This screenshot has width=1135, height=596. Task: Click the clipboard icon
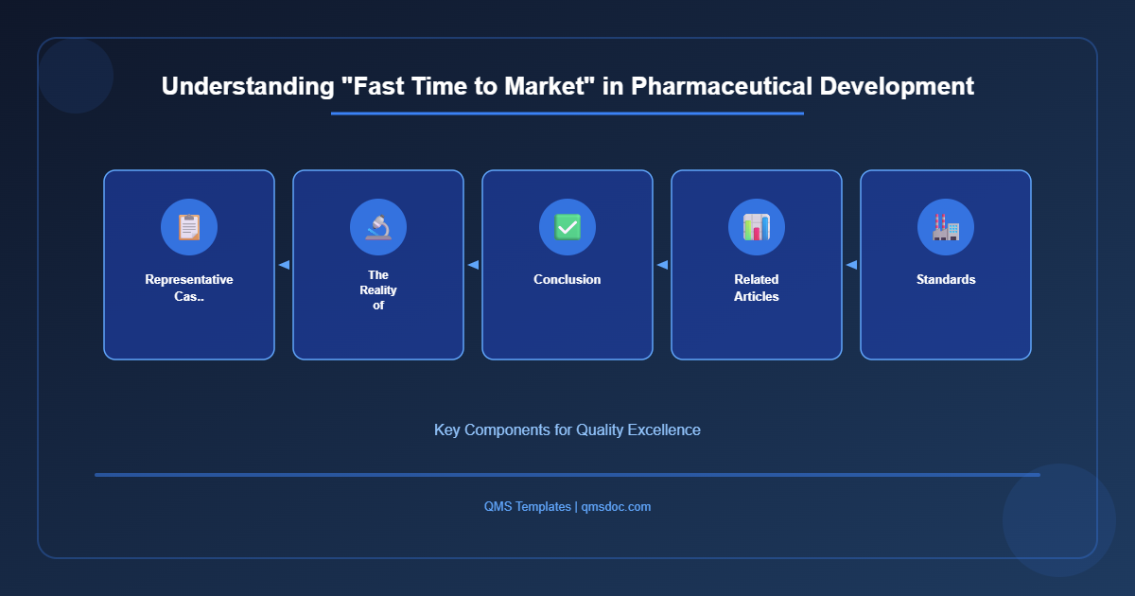click(x=189, y=227)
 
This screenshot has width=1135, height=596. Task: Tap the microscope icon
click(x=378, y=227)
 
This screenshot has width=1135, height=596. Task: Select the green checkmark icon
click(x=567, y=227)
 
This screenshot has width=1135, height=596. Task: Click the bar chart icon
click(x=757, y=227)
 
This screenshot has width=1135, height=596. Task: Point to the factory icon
click(x=946, y=227)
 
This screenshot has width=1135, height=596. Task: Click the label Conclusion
click(x=567, y=279)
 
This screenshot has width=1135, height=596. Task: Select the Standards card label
click(x=946, y=279)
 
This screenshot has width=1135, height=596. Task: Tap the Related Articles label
click(x=757, y=288)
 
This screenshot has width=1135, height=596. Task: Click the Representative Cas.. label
click(x=189, y=288)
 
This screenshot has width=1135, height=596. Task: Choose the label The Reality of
click(x=378, y=289)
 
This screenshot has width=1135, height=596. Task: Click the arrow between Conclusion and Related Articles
click(x=662, y=265)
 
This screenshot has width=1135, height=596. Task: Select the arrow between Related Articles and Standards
click(x=851, y=265)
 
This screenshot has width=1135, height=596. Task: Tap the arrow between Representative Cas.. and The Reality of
click(x=284, y=265)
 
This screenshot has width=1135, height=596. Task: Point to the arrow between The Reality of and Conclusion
click(x=473, y=265)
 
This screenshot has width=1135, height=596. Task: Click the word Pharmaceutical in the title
click(x=722, y=86)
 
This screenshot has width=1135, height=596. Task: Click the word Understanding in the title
click(x=248, y=87)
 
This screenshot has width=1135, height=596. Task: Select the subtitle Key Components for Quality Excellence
click(x=567, y=429)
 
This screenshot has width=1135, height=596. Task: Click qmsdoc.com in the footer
click(x=616, y=506)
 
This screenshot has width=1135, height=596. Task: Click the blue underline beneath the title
click(x=567, y=114)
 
